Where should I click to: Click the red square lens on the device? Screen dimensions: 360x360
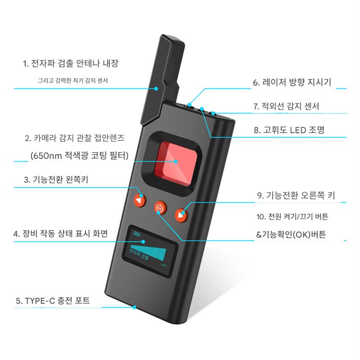(175, 163)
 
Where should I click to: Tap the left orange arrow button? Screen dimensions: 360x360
(140, 200)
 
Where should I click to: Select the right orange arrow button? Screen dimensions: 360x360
(181, 215)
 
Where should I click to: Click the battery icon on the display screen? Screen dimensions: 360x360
(137, 234)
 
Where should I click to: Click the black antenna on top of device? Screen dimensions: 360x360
(162, 79)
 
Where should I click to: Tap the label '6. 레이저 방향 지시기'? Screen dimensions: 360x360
(292, 82)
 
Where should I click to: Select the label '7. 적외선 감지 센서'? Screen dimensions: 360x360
(286, 106)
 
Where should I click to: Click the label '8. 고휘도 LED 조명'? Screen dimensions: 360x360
(289, 130)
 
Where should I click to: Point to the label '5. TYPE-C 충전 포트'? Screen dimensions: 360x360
(53, 301)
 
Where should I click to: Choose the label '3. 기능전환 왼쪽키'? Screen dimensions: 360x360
(56, 179)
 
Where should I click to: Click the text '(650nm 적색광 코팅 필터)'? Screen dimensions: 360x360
(80, 156)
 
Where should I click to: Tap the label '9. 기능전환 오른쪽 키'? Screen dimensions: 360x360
(296, 195)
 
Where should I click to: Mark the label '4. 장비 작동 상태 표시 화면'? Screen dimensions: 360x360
(61, 234)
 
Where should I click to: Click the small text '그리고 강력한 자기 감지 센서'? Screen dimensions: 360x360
(73, 81)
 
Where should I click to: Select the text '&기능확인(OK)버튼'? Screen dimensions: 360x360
(291, 234)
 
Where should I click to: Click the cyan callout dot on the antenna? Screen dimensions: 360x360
(156, 89)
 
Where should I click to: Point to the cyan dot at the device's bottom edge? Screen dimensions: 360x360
(135, 307)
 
